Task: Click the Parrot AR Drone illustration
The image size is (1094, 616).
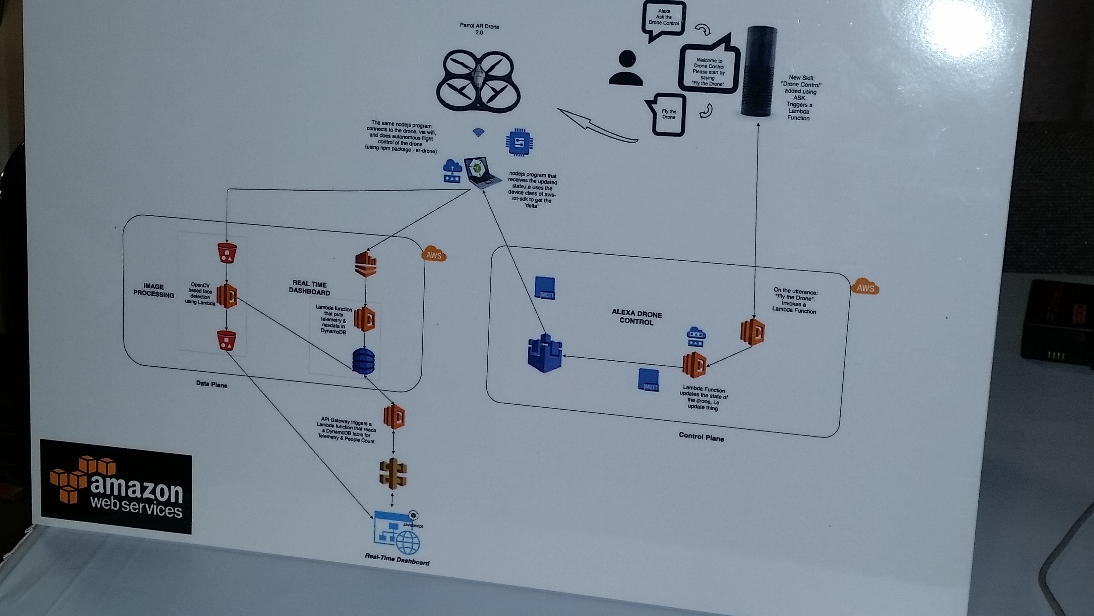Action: click(x=479, y=81)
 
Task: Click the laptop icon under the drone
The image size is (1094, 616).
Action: click(x=482, y=172)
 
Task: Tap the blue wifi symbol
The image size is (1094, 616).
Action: click(x=479, y=133)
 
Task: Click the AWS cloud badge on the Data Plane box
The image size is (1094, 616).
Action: click(x=434, y=254)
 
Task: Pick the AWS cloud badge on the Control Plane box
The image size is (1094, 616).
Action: click(x=865, y=288)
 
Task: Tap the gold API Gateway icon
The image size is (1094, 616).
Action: click(x=393, y=473)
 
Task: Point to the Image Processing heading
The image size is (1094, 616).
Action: click(x=154, y=290)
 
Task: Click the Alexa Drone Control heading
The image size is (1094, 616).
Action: click(x=636, y=318)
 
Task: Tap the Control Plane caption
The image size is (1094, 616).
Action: click(x=701, y=437)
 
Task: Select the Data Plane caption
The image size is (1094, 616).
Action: click(x=211, y=384)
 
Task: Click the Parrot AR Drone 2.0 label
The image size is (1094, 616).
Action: click(x=479, y=29)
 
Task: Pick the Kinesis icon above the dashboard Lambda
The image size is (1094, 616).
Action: click(x=366, y=264)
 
